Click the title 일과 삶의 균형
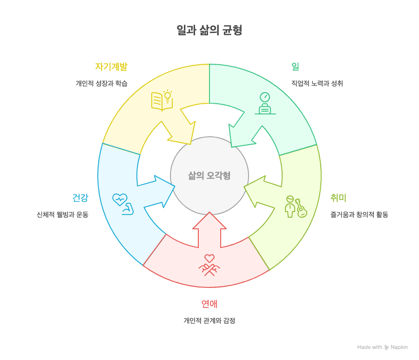click(209, 31)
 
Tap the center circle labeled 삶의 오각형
click(209, 176)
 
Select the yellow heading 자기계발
click(111, 66)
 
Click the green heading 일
click(295, 66)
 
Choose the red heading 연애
click(209, 304)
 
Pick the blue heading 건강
click(80, 197)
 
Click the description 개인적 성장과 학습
click(101, 84)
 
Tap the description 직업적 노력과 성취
click(314, 84)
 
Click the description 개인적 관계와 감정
click(209, 320)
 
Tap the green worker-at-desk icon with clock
click(264, 103)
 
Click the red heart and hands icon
click(209, 264)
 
